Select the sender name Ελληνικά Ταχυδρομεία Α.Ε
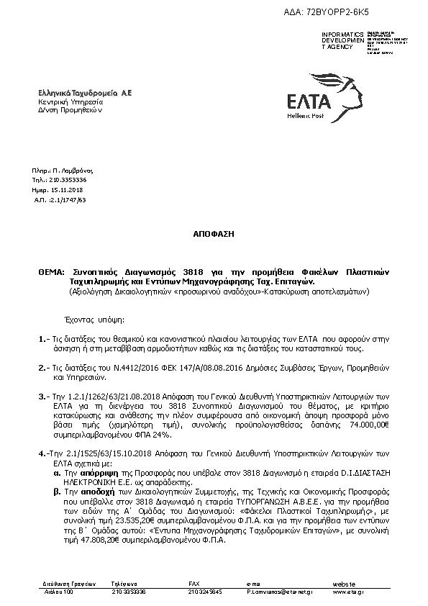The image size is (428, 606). (x=85, y=94)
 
